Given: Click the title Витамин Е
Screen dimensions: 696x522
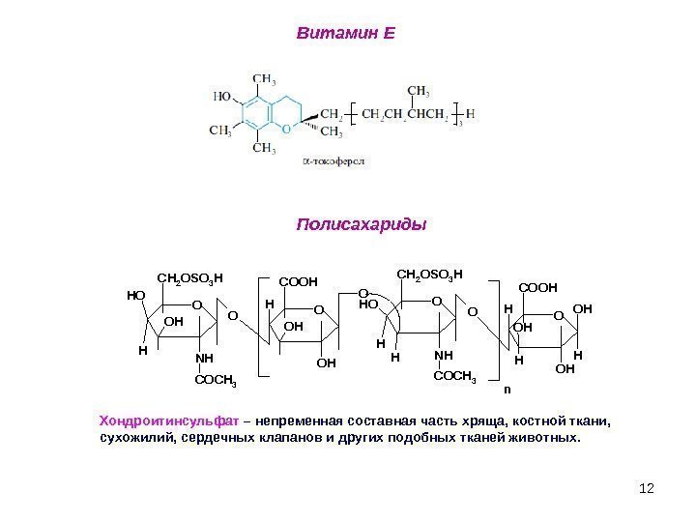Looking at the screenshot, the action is (x=346, y=34).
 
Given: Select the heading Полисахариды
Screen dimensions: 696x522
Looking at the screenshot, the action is (x=361, y=224).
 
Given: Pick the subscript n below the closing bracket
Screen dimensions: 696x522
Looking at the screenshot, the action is (x=506, y=393).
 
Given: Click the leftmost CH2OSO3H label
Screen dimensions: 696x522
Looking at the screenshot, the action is (x=189, y=278).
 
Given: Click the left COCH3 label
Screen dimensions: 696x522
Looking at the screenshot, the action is (x=216, y=382).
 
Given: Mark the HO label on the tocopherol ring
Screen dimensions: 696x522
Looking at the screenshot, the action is (x=221, y=97).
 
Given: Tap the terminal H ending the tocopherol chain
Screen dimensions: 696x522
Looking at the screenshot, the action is (x=471, y=113).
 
